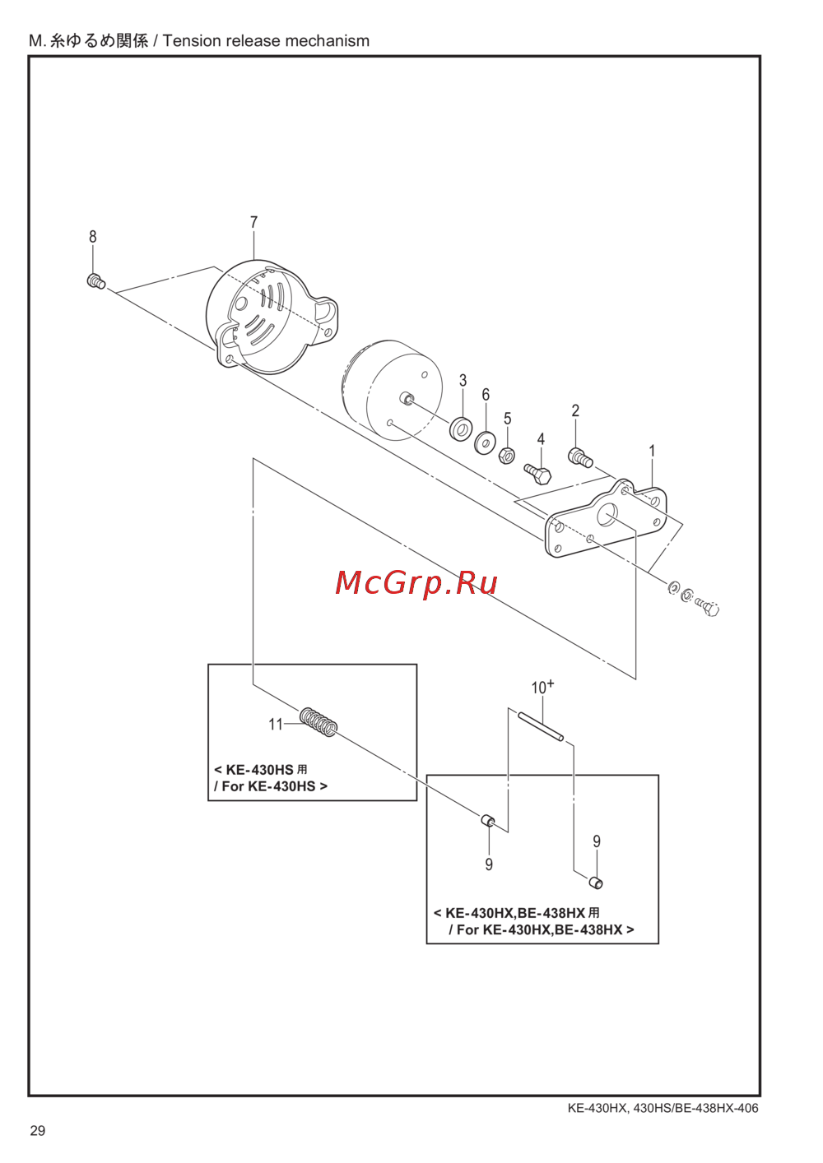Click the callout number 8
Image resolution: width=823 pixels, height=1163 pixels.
coord(93,237)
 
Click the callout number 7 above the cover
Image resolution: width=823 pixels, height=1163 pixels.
coord(253,222)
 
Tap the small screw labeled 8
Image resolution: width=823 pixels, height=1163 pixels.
coord(96,281)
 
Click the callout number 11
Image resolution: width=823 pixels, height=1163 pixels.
coord(275,724)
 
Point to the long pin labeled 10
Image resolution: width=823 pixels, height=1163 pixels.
coord(541,725)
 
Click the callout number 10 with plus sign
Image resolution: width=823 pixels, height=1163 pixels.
coord(542,687)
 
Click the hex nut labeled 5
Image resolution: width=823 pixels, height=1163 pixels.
coord(507,454)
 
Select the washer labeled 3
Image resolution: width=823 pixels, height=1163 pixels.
coord(461,429)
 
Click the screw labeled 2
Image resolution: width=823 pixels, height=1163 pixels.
coord(580,457)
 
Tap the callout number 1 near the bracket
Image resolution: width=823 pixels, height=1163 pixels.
coord(652,451)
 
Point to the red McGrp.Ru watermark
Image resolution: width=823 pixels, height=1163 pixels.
coord(416,582)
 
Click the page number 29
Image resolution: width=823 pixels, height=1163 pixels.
coord(38,1131)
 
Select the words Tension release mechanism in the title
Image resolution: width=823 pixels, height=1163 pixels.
coord(266,41)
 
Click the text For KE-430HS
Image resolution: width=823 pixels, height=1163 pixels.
coord(270,786)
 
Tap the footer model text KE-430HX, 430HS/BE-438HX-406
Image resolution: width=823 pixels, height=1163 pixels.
coord(663,1108)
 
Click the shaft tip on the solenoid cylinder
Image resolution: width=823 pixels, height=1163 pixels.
coord(406,399)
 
